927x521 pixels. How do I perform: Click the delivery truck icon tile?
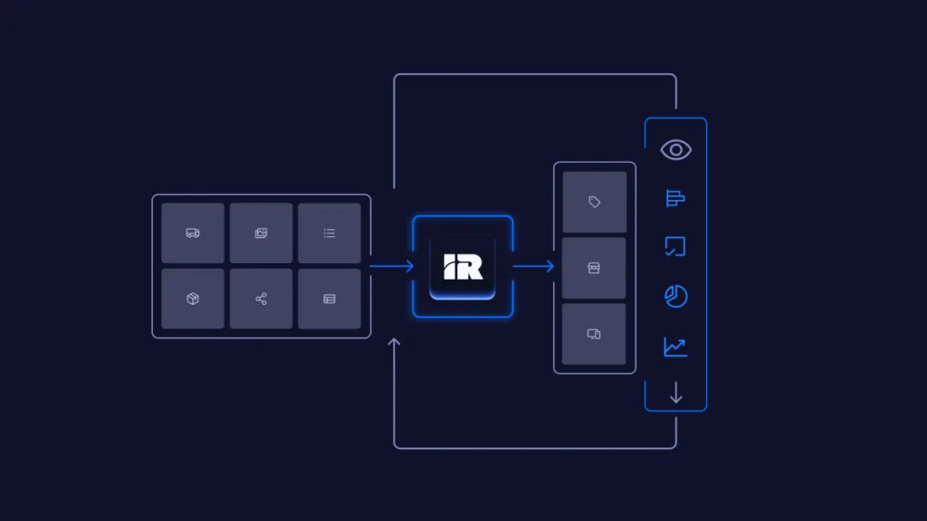193,233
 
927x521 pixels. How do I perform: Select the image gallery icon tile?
261,233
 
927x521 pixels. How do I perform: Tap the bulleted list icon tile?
330,233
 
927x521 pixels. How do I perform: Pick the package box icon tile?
193,298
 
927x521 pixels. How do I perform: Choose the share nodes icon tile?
261,298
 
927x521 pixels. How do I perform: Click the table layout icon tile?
330,298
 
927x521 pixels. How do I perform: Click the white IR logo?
463,266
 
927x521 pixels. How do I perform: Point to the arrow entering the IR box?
391,266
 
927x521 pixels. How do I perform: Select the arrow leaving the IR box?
533,266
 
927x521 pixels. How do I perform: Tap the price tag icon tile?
595,203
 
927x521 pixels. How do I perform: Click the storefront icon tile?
595,268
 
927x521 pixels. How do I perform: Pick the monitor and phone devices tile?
595,334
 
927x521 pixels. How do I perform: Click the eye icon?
675,149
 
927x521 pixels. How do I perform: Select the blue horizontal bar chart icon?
675,198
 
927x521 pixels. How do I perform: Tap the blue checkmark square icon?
675,247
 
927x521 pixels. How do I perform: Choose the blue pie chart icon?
675,297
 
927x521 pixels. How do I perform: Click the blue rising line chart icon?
675,346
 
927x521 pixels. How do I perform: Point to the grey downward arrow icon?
675,393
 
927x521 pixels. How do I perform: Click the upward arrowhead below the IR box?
394,344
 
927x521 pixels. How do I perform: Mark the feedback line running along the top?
534,74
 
